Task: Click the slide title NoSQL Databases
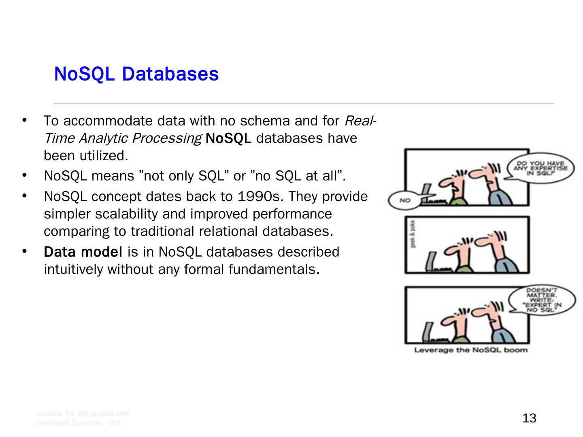point(136,74)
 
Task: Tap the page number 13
point(529,418)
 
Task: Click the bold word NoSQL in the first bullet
point(228,138)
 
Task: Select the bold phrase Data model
point(83,252)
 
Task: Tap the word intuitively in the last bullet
point(74,269)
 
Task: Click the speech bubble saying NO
point(405,200)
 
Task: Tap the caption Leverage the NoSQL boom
point(471,350)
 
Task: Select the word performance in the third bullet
point(292,214)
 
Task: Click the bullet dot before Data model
point(25,251)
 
